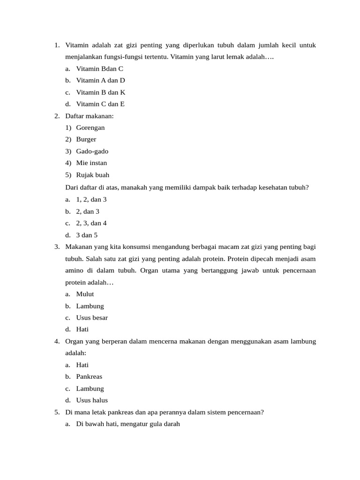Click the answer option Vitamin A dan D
click(x=100, y=80)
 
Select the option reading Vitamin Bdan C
click(x=99, y=68)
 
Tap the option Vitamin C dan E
click(x=100, y=104)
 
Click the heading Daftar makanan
click(x=90, y=116)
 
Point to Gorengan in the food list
click(x=90, y=127)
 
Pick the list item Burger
click(x=86, y=139)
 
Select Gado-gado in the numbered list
click(x=92, y=151)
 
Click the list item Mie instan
click(x=91, y=163)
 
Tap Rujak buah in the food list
click(x=93, y=175)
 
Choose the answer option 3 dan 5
click(x=87, y=235)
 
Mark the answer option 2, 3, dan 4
click(x=91, y=223)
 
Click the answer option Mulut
click(x=85, y=294)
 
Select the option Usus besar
click(x=92, y=317)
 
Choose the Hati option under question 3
click(x=82, y=329)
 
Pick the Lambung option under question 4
click(x=90, y=389)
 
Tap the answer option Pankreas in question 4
click(x=89, y=376)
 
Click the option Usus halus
click(x=92, y=400)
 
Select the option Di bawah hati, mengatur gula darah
click(x=128, y=424)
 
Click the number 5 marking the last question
click(x=56, y=412)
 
